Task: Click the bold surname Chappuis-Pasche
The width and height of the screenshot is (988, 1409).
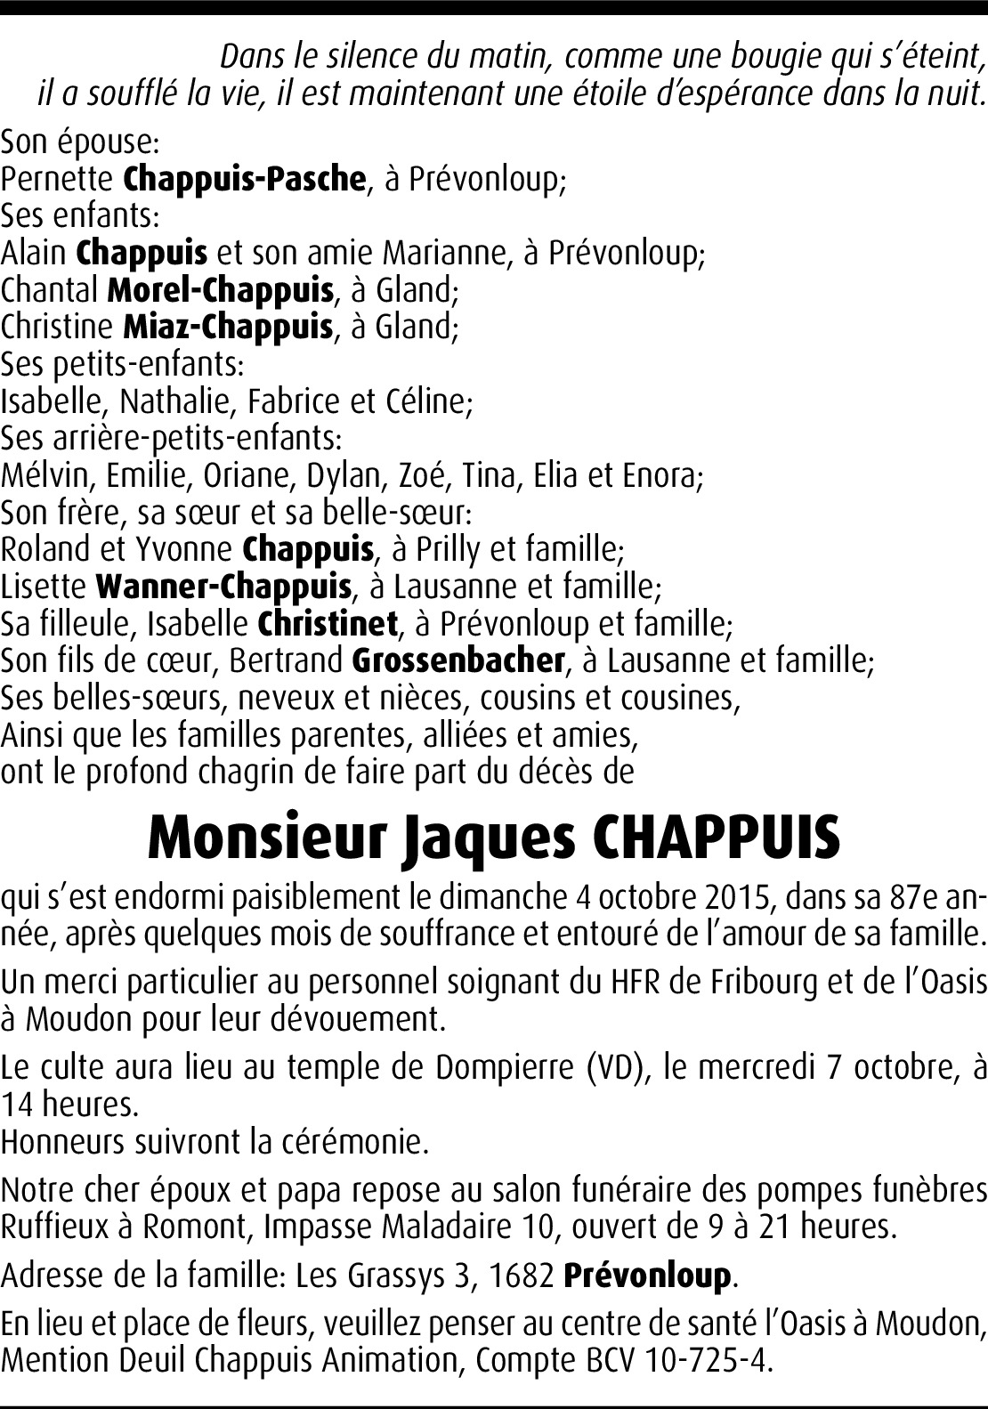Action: [244, 179]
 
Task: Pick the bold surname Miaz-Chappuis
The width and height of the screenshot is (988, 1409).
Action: [228, 327]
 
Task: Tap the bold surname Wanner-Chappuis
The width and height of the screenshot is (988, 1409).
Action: [223, 587]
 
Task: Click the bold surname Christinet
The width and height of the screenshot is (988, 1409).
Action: [328, 624]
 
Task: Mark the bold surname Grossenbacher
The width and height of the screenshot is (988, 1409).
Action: [458, 660]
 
